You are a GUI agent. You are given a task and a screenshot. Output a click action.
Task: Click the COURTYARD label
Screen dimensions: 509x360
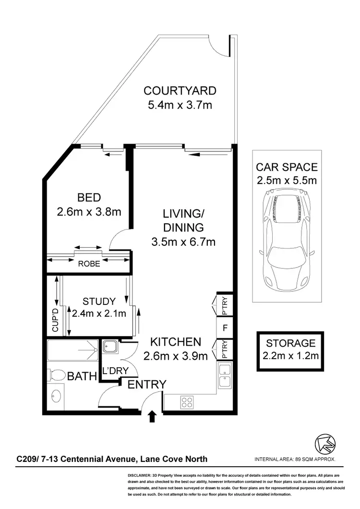(180, 91)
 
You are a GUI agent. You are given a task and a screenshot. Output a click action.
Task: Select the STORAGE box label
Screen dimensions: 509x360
(291, 343)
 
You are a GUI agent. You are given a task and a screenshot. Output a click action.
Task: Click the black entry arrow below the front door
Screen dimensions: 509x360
(153, 416)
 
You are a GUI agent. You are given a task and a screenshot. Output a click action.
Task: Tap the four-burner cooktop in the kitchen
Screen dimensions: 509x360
(187, 401)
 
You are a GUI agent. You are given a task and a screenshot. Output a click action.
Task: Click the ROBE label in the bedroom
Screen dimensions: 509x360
(89, 264)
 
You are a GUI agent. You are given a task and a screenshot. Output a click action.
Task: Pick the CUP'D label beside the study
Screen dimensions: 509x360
(55, 321)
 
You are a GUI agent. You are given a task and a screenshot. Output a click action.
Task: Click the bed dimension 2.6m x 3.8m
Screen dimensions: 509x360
(89, 211)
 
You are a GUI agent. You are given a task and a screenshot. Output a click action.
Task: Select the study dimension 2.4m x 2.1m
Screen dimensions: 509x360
(99, 314)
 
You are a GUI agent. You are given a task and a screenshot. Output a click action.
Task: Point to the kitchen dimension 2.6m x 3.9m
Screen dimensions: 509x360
(176, 356)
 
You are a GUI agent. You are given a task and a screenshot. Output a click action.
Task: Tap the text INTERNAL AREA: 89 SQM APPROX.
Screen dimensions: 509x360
(295, 459)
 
